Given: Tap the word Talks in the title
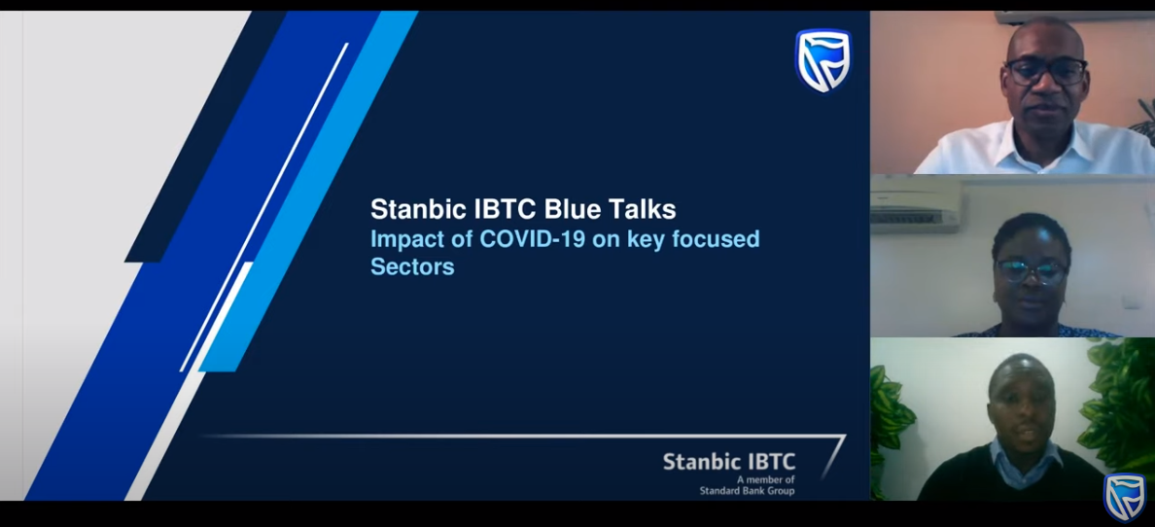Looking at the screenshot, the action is coord(646,209).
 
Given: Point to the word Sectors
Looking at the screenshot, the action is coord(412,266).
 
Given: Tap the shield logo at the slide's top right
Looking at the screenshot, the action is coord(822,60).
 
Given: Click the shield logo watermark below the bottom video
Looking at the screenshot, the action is coord(1124,498).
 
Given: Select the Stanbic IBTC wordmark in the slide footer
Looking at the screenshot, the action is coord(729,462).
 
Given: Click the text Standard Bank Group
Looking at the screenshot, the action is coord(747,491).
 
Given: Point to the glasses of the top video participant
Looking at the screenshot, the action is coord(1046,72).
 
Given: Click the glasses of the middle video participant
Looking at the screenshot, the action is coord(1032,271).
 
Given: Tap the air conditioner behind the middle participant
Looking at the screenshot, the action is coord(916,205).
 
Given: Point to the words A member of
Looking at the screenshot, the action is coord(771,480).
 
